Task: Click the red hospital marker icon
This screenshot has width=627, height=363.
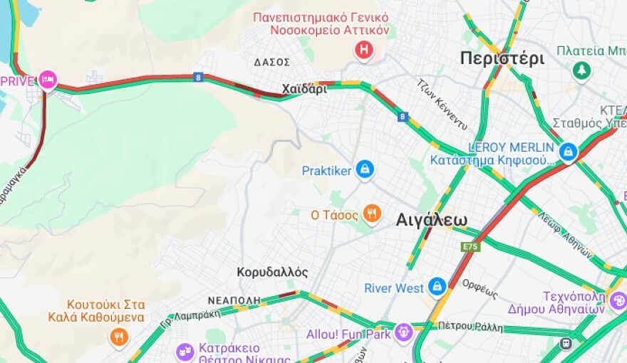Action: pos(364,50)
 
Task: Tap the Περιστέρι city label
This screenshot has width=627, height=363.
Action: pos(502,58)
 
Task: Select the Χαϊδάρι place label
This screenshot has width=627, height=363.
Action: pos(304,90)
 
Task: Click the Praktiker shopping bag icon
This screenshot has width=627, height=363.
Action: pos(365,169)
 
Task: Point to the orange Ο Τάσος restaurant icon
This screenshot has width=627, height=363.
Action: pos(371,213)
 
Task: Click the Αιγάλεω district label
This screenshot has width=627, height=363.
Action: pos(431,220)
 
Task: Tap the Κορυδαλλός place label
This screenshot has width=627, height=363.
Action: pos(272,272)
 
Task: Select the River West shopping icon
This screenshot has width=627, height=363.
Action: pos(437,287)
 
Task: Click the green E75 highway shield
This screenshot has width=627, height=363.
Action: pos(470,247)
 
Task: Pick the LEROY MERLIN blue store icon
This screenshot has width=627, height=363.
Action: pos(568,151)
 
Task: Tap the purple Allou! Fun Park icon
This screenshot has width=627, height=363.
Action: pos(403,332)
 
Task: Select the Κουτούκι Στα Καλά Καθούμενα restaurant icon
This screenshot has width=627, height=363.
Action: pos(119,336)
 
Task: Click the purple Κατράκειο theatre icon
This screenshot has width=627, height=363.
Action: pos(185,351)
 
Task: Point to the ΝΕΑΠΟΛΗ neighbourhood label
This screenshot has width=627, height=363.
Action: pos(229,300)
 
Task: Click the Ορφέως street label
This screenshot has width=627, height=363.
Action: pos(480,288)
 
